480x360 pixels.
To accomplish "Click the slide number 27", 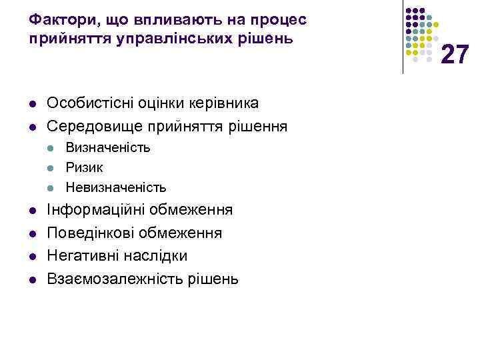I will [x=455, y=53].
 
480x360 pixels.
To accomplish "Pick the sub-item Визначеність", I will [x=108, y=147].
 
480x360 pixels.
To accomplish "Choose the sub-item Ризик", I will [x=84, y=167].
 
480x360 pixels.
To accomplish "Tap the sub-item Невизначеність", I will [x=116, y=187].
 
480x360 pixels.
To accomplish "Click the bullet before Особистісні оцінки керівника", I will [x=32, y=104].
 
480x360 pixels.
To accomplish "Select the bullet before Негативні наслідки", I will [x=32, y=257].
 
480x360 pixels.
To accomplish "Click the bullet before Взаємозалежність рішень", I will [x=32, y=279].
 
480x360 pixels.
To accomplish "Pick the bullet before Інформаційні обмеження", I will [x=32, y=211].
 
